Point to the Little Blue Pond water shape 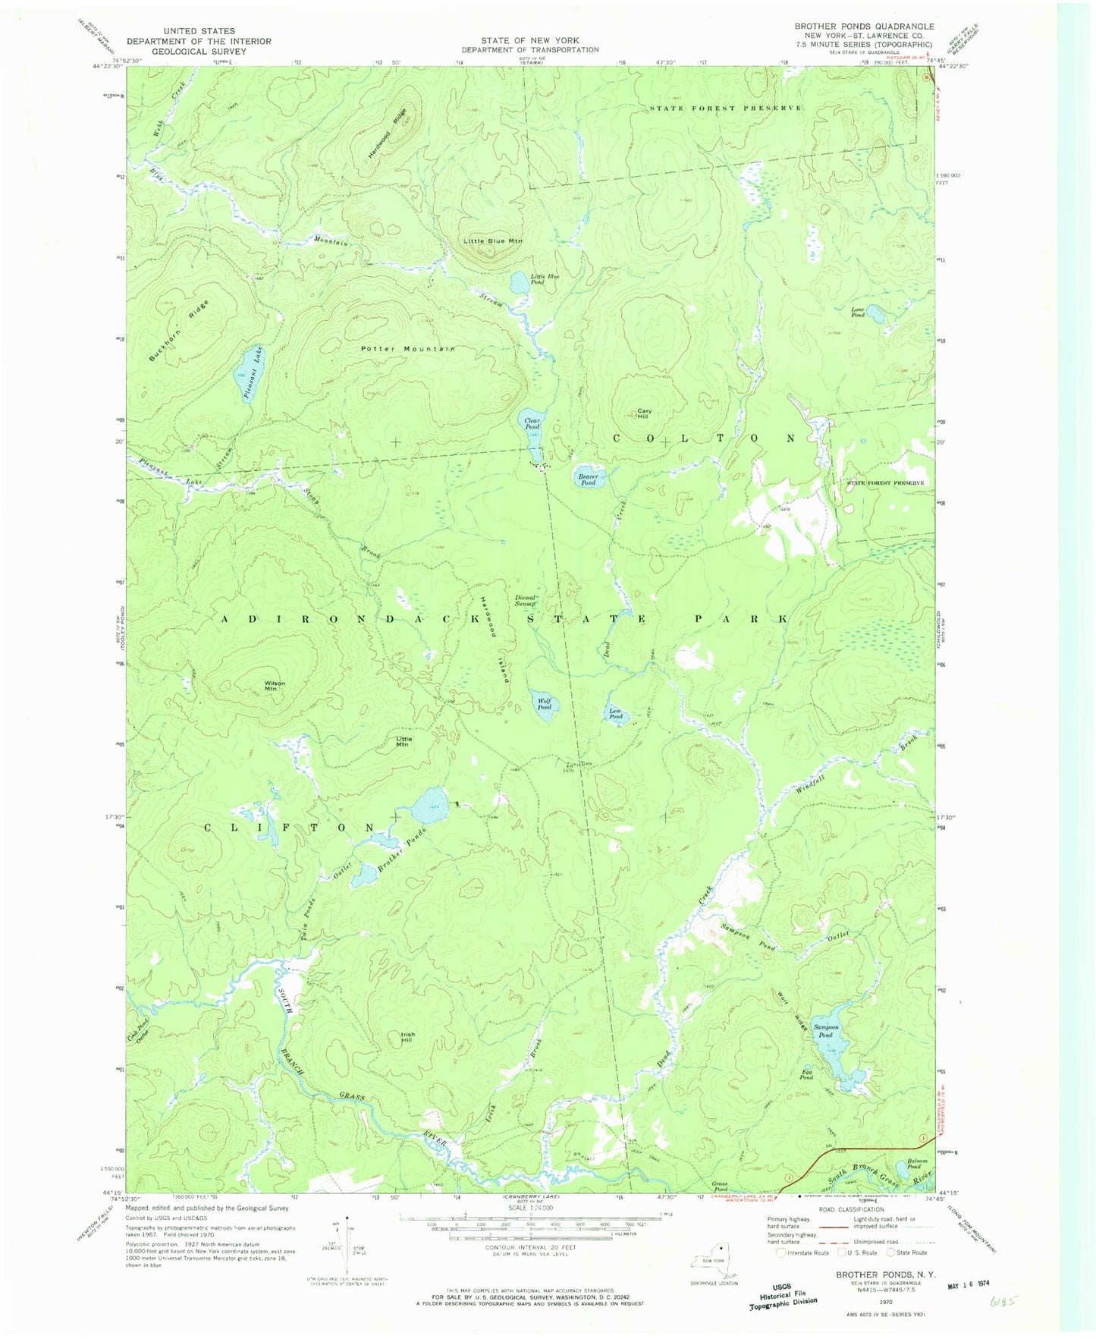pyautogui.click(x=520, y=283)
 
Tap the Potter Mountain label pyautogui.click(x=407, y=349)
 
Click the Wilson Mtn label pyautogui.click(x=274, y=686)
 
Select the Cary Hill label pyautogui.click(x=643, y=413)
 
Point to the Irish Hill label pyautogui.click(x=407, y=1037)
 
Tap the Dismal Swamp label pyautogui.click(x=526, y=600)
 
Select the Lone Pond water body pyautogui.click(x=875, y=313)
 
